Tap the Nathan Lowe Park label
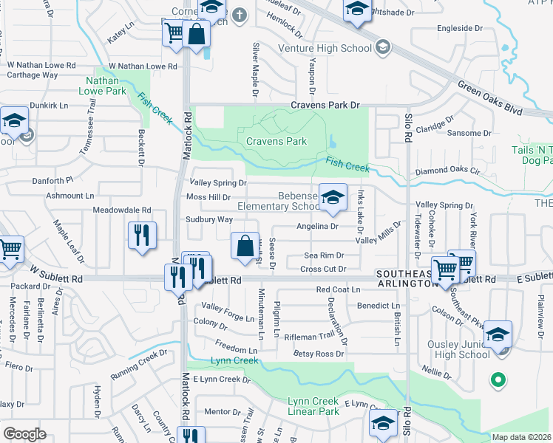(x=106, y=85)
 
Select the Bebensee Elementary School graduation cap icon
(x=333, y=196)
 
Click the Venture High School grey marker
(x=382, y=49)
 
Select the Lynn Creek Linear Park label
(x=313, y=406)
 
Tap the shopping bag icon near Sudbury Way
(x=245, y=246)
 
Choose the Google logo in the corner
(x=24, y=433)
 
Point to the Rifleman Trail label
(x=311, y=336)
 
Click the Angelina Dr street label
(x=317, y=227)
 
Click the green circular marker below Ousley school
(x=498, y=380)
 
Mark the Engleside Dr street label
(x=459, y=28)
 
